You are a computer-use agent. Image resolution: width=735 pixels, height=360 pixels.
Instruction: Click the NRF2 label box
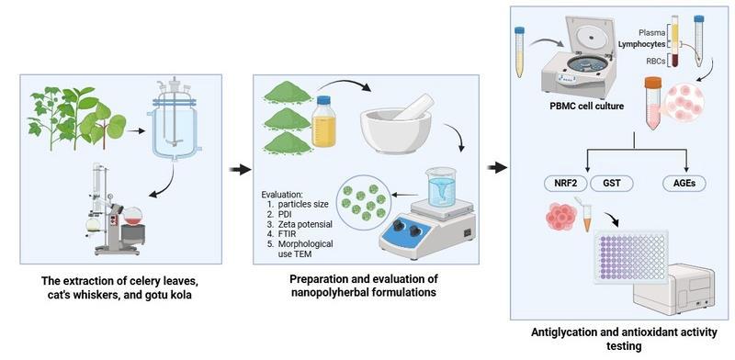point(565,184)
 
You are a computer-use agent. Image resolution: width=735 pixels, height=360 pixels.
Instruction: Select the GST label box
point(612,184)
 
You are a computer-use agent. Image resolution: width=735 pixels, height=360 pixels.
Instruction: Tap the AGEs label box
point(684,184)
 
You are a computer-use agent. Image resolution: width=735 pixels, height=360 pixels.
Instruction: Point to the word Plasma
point(652,33)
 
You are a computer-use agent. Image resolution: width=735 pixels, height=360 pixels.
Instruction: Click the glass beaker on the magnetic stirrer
point(441,186)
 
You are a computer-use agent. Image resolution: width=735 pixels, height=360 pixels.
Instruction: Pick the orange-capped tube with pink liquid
point(652,103)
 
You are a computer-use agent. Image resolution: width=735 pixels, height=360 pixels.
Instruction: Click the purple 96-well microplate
point(631,257)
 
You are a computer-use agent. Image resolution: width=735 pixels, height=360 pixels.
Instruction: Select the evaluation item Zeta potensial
point(300,224)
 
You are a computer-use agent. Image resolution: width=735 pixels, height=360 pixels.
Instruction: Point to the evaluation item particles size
point(300,205)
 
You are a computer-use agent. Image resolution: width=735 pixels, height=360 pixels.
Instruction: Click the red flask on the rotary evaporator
point(132,217)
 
